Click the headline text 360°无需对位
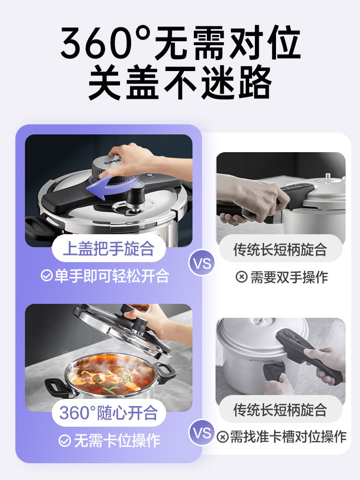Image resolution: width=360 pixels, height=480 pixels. (x=180, y=44)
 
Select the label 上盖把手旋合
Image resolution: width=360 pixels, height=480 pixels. (x=108, y=249)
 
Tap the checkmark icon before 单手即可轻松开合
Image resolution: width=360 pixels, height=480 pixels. (x=47, y=276)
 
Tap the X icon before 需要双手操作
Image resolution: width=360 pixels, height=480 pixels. (x=241, y=277)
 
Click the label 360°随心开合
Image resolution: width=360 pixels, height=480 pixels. (x=108, y=413)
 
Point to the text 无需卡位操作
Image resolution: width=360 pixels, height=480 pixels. (x=117, y=441)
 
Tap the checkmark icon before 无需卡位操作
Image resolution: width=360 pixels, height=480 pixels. (x=64, y=441)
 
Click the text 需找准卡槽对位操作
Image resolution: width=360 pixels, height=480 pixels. (x=288, y=436)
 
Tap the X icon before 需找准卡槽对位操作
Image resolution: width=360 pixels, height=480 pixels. (x=222, y=437)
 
